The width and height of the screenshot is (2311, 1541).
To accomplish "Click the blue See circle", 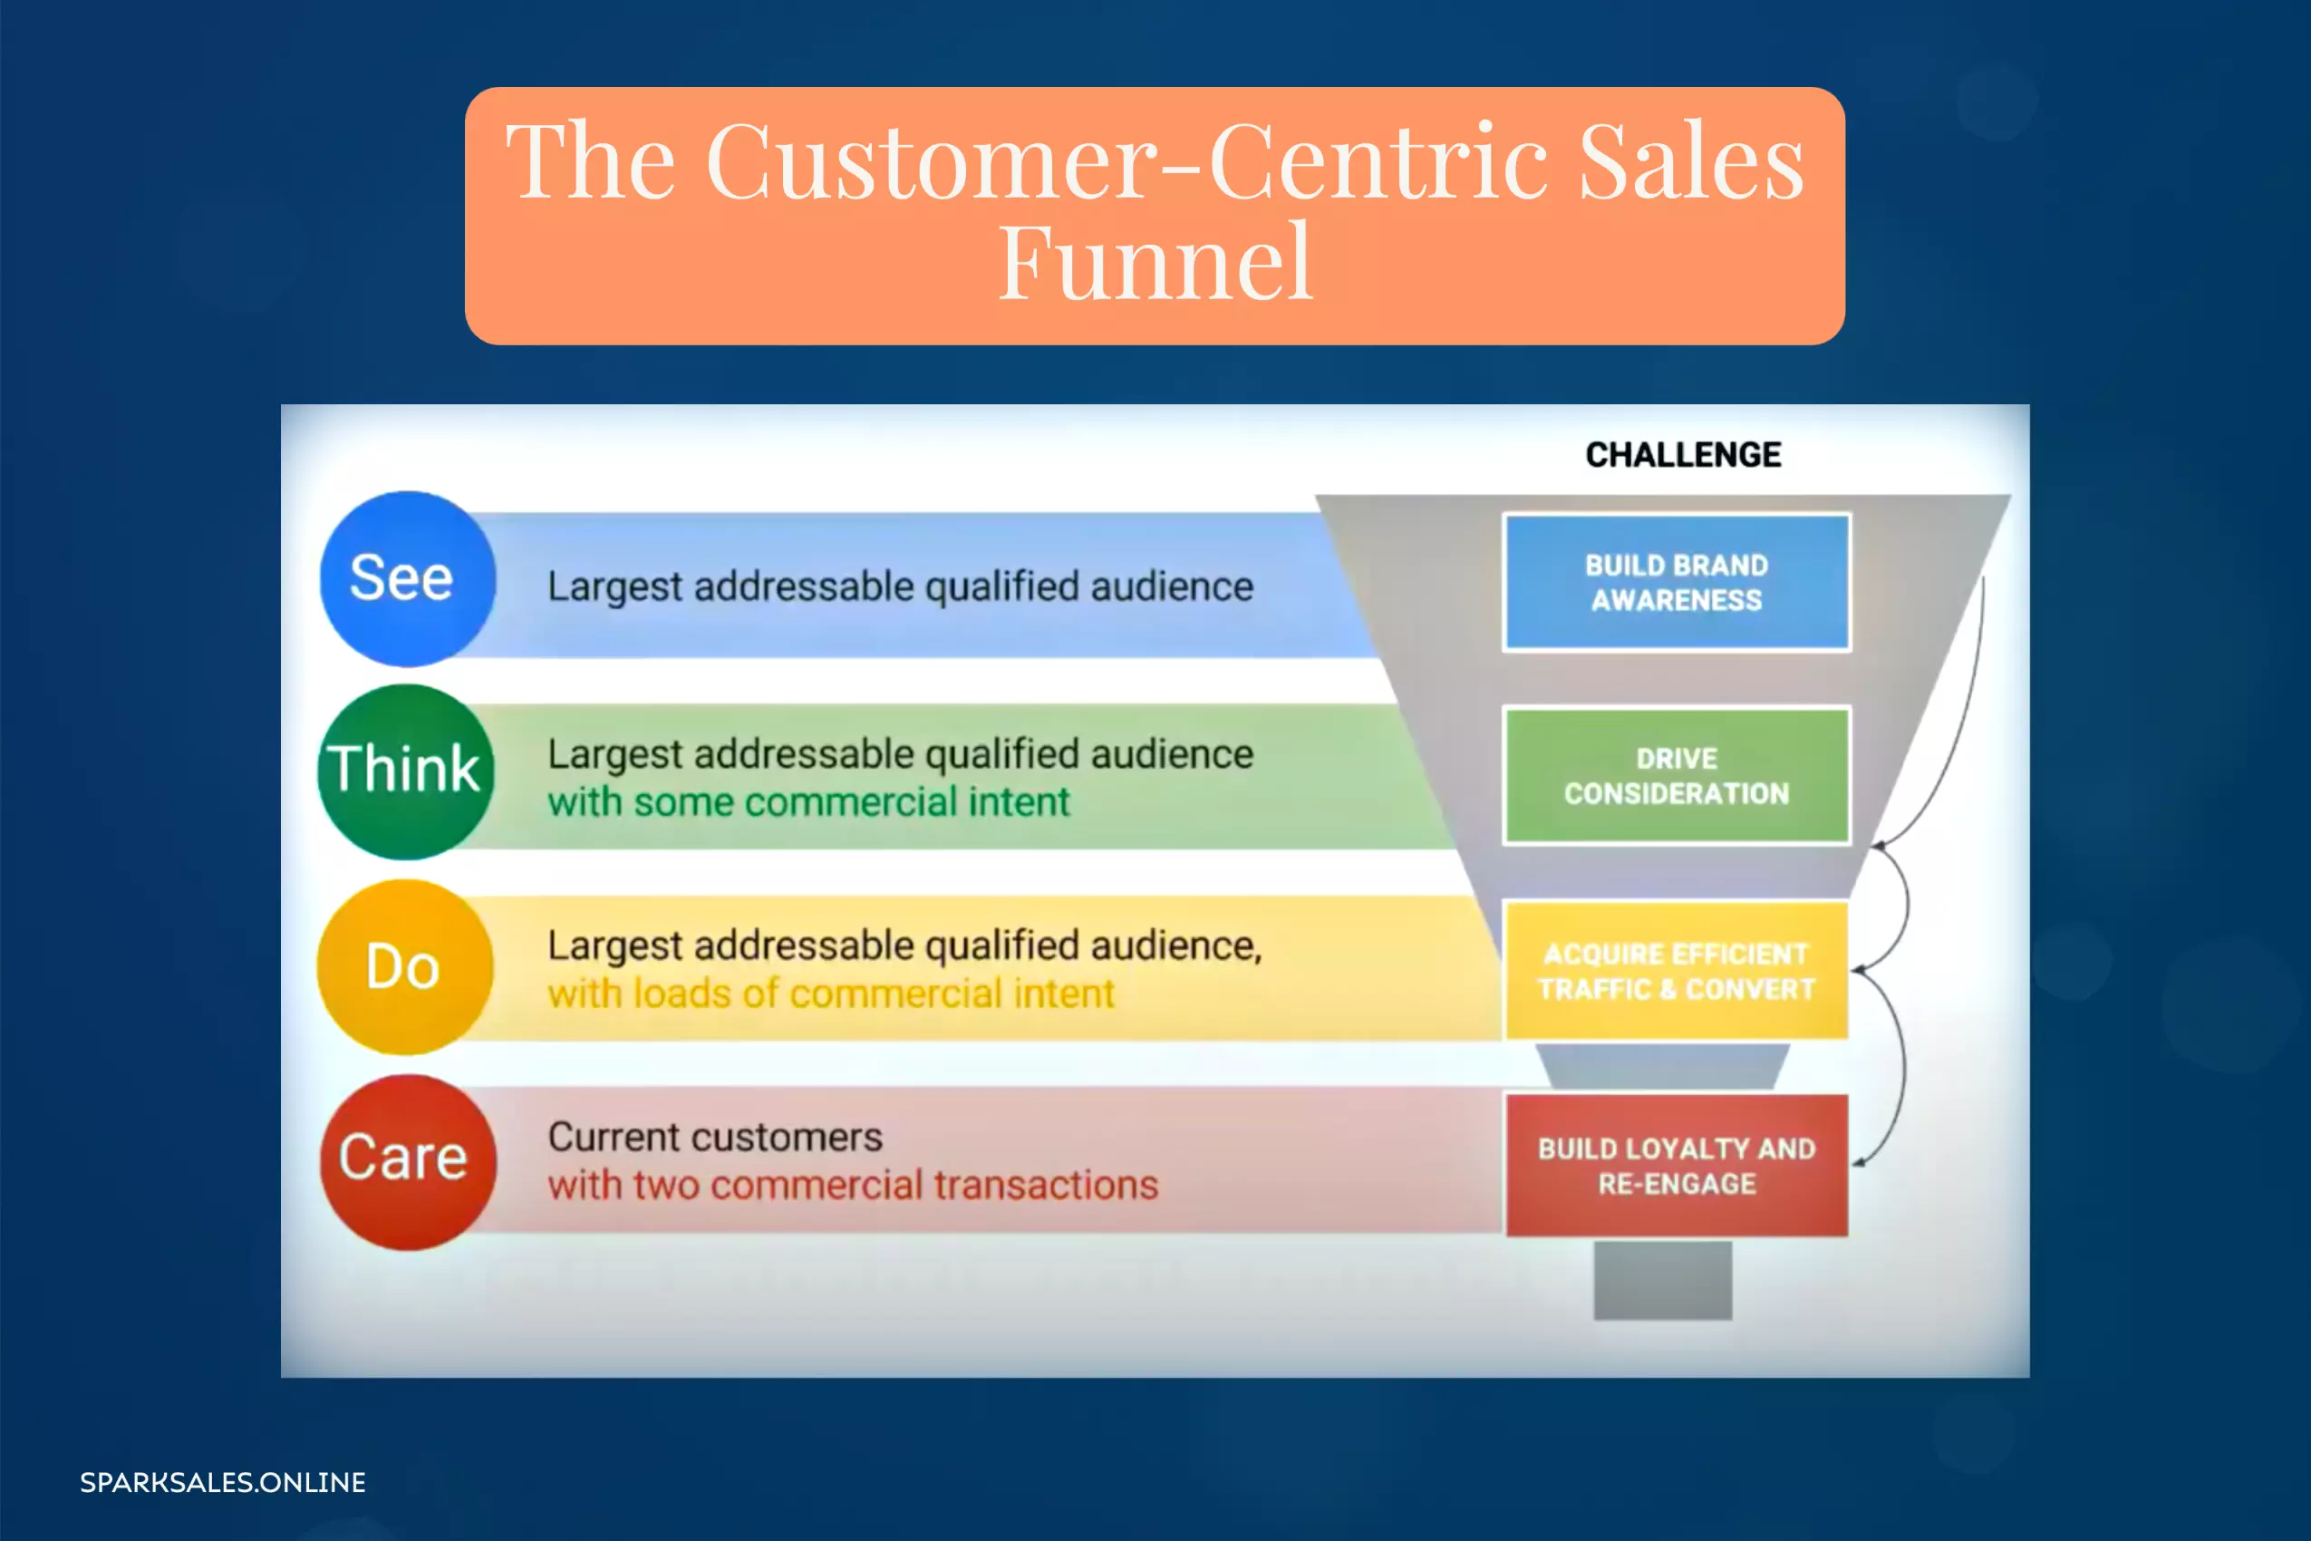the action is (408, 579).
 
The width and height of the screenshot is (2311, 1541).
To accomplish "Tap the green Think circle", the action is (406, 771).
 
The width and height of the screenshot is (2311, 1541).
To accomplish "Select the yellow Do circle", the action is (406, 967).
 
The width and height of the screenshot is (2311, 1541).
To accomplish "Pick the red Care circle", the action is (408, 1162).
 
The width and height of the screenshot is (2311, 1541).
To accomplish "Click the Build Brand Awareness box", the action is (1677, 582).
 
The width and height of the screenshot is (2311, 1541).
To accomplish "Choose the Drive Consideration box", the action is (1677, 775).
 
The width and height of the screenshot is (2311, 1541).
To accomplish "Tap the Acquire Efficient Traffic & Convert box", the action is (1677, 970).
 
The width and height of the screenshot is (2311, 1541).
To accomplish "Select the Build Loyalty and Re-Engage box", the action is (1677, 1166).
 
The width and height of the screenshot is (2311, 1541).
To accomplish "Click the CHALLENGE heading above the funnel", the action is (1683, 455).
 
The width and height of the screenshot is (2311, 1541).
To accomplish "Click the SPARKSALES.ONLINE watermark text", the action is (223, 1482).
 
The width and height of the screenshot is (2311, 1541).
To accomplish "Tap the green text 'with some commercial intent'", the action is (807, 802).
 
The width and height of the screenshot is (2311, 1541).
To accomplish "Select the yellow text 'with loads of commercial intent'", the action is (831, 993).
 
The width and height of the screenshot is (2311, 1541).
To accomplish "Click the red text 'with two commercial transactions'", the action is (853, 1186).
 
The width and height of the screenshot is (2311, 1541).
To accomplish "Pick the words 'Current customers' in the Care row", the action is (715, 1137).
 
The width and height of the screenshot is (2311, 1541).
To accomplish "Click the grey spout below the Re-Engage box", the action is (1662, 1280).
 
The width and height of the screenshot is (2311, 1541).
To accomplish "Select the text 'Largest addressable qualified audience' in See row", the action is (900, 586).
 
